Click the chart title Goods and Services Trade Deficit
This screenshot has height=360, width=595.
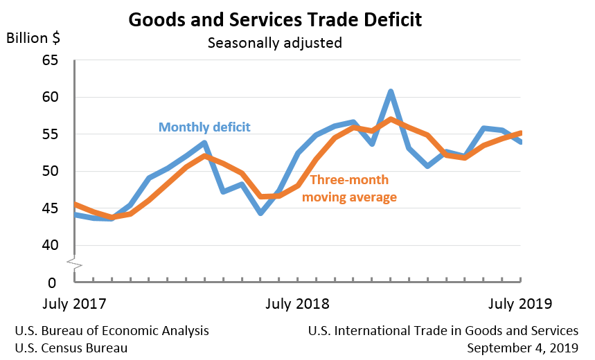click(274, 19)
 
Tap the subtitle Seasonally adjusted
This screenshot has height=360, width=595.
click(275, 43)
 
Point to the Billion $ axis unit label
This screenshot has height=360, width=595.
click(33, 37)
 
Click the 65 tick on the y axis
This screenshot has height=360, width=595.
click(49, 61)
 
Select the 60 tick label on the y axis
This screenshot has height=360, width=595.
click(49, 98)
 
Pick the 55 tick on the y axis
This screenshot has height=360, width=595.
click(49, 134)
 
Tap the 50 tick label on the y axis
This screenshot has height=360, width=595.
click(49, 172)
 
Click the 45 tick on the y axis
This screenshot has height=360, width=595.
click(49, 208)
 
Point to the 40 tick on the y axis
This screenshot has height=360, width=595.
click(49, 246)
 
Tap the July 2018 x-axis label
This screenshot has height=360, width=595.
click(298, 304)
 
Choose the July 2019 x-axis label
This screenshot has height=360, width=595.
click(519, 304)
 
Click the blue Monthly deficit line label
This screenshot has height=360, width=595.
click(204, 127)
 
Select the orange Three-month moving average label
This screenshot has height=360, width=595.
click(353, 188)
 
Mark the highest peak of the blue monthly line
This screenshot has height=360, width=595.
click(391, 91)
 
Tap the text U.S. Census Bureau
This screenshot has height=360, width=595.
click(71, 348)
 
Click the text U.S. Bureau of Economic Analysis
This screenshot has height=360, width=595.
click(112, 330)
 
